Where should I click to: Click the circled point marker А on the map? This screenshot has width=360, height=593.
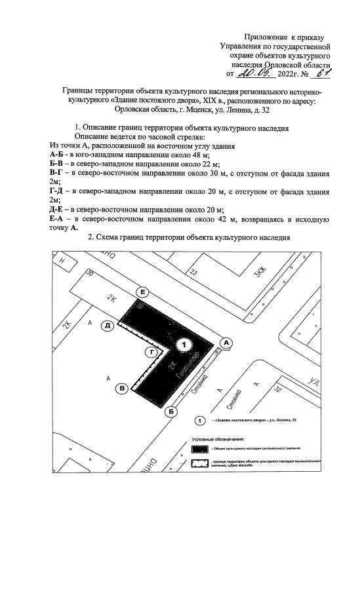(226, 342)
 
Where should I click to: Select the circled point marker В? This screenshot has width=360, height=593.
(122, 389)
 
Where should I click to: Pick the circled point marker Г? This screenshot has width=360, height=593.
(152, 353)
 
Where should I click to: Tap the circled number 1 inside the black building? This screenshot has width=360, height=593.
(185, 344)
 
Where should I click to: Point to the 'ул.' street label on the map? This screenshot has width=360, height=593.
(315, 379)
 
